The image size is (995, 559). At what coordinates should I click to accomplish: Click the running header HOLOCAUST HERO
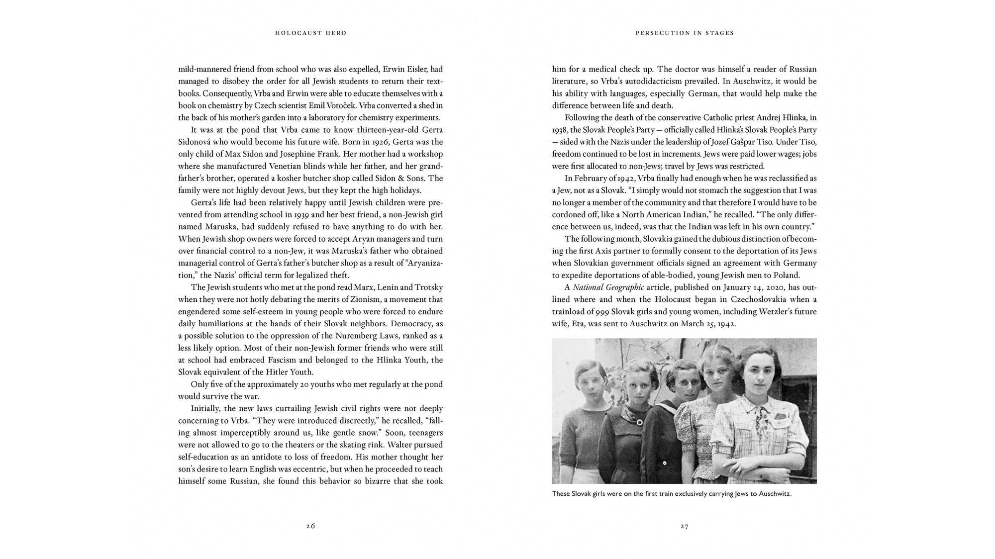coord(310,33)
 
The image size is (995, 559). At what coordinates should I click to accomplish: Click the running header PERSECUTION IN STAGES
coord(684,33)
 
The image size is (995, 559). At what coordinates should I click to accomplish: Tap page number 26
coord(310,526)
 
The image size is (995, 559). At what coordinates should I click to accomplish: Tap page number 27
coord(684,526)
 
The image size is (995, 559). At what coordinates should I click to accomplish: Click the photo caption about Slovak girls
coord(671,494)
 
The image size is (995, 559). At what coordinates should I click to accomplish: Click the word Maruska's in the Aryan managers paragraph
coord(317,251)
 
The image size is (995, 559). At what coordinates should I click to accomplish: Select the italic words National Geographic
coord(608,287)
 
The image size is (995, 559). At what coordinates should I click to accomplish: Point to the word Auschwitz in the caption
coord(775,494)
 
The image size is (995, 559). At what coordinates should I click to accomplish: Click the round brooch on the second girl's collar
coord(638,422)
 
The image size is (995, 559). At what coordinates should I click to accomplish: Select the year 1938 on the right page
coord(560,130)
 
